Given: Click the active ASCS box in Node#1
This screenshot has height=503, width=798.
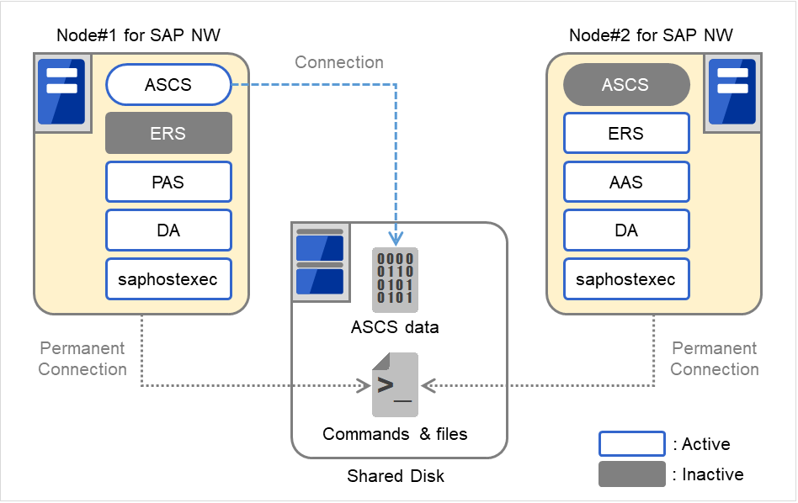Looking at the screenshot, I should tap(168, 85).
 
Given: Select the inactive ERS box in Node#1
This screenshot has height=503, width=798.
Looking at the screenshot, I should tap(168, 133).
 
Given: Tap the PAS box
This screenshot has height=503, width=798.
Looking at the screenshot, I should tap(168, 182).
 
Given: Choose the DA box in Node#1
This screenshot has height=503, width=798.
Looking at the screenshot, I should tap(168, 230).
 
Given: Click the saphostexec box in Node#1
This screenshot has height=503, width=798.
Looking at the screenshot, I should tap(168, 279).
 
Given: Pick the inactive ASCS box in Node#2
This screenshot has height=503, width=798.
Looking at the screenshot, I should tap(625, 85).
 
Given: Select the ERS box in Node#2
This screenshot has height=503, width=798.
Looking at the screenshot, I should tap(625, 133).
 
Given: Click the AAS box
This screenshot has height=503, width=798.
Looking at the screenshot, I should tap(625, 182).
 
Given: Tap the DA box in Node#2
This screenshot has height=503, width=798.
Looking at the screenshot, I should tap(625, 230).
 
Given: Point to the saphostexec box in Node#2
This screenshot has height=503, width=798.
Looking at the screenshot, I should tap(625, 279).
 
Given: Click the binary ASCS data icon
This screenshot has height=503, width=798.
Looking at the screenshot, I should tap(395, 279).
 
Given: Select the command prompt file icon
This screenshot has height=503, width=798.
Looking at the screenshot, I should tap(395, 385).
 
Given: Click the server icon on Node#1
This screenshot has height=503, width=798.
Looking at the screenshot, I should tap(61, 92).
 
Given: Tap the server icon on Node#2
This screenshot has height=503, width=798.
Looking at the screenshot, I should tap(731, 92).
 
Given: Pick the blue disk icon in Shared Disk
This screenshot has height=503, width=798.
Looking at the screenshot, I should tap(320, 262).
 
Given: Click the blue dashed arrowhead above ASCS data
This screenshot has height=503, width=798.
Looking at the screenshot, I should tap(396, 239).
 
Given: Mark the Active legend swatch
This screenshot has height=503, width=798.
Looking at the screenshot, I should tap(631, 444).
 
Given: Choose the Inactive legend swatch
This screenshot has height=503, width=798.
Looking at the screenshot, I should tap(631, 474).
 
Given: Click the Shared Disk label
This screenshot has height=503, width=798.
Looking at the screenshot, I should tap(396, 476).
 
